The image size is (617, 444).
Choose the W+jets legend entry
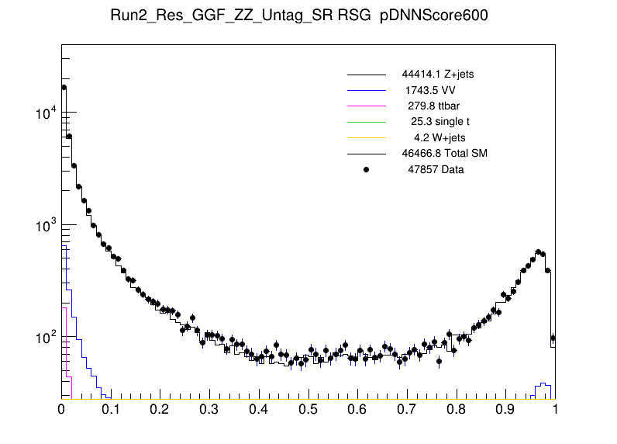(441, 137)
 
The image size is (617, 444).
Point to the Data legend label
(436, 169)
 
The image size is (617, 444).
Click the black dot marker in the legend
(366, 169)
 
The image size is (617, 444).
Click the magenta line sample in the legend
(366, 106)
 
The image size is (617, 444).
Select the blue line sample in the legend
(366, 91)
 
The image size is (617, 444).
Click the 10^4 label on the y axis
(46, 113)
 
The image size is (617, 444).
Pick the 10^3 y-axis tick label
(46, 226)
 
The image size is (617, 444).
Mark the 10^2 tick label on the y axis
(46, 338)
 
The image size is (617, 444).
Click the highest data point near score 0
(64, 87)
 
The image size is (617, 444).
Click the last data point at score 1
(553, 338)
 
